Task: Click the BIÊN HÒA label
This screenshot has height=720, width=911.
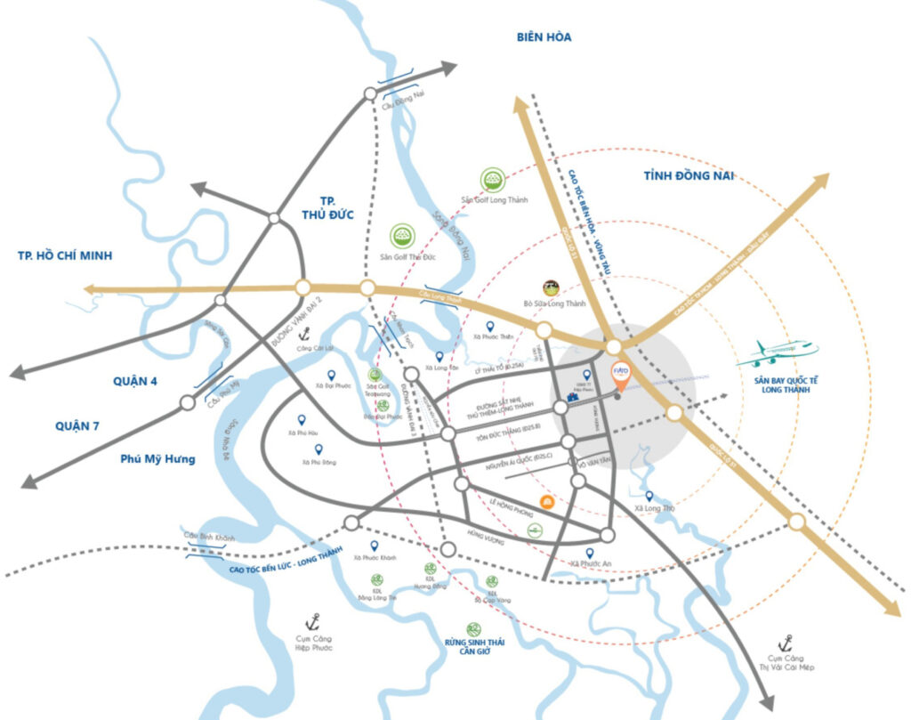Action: coord(543,36)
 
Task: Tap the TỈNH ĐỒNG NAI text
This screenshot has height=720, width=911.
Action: coord(688,176)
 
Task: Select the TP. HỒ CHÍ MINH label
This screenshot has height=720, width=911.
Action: coord(65,255)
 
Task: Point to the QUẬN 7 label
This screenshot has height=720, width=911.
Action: coord(77,425)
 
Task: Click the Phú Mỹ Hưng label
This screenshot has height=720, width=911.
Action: coord(157,459)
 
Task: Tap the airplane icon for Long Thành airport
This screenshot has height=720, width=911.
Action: coord(776,352)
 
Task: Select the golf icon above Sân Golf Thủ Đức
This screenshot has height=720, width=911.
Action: coord(404,236)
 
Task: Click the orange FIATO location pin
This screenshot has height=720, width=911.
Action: coord(622,375)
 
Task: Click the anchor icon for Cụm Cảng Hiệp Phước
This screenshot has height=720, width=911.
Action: coord(312,621)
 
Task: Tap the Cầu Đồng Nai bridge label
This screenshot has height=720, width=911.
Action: coord(399,105)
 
